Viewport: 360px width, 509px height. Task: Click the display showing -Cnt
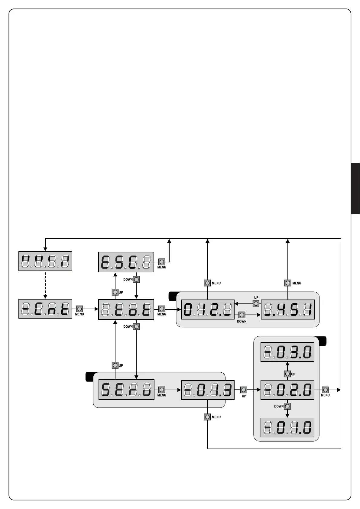pyautogui.click(x=45, y=309)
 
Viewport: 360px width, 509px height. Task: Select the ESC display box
pyautogui.click(x=126, y=262)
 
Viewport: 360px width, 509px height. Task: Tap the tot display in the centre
pyautogui.click(x=126, y=310)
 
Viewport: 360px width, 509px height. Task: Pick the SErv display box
pyautogui.click(x=126, y=390)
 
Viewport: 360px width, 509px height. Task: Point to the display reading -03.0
pyautogui.click(x=287, y=352)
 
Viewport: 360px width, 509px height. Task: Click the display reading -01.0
pyautogui.click(x=287, y=428)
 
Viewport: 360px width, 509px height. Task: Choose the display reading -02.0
pyautogui.click(x=287, y=390)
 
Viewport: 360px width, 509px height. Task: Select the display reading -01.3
pyautogui.click(x=208, y=390)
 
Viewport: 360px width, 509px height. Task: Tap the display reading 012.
pyautogui.click(x=208, y=310)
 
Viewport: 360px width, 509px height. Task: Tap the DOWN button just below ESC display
pyautogui.click(x=136, y=279)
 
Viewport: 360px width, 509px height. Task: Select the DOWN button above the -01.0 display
pyautogui.click(x=287, y=406)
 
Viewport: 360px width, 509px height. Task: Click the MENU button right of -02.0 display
pyautogui.click(x=325, y=390)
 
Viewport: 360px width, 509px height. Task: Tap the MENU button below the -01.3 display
pyautogui.click(x=207, y=417)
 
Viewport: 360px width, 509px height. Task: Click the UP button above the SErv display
pyautogui.click(x=115, y=365)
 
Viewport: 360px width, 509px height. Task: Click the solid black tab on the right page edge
pyautogui.click(x=355, y=189)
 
